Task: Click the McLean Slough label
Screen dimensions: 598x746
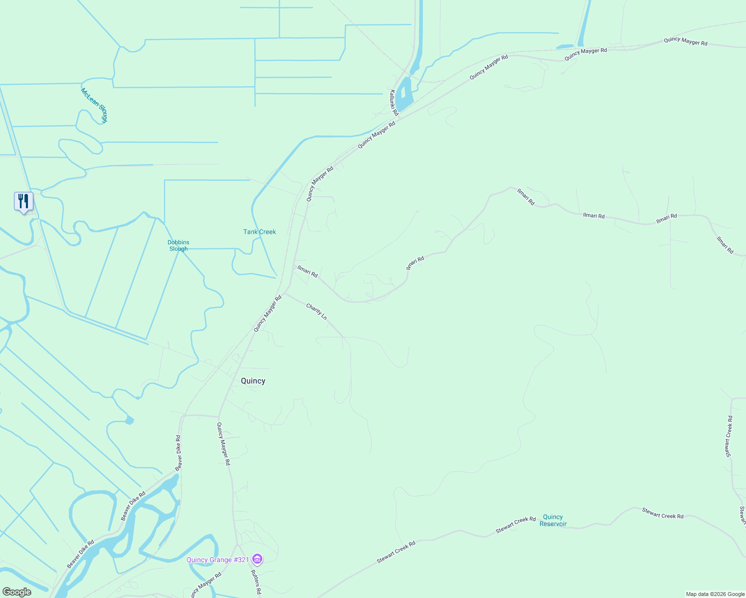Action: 94,105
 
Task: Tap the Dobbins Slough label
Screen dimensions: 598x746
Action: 179,246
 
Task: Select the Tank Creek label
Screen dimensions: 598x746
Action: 259,232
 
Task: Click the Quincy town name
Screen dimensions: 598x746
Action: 253,381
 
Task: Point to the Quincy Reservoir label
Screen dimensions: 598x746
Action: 553,520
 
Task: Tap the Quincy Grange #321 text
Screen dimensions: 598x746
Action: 217,560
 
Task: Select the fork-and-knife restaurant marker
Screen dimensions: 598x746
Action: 23,201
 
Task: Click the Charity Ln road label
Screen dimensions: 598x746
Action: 317,311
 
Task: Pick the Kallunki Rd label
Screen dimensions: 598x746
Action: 393,103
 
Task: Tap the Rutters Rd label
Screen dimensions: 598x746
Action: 256,582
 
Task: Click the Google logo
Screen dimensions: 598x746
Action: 16,592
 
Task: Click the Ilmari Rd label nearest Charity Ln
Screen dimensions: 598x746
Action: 307,271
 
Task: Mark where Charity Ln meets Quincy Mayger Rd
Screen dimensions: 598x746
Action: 285,293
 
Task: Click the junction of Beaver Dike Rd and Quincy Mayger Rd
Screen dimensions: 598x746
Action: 218,417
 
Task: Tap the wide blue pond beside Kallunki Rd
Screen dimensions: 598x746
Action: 404,93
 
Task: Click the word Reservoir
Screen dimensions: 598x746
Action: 553,524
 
